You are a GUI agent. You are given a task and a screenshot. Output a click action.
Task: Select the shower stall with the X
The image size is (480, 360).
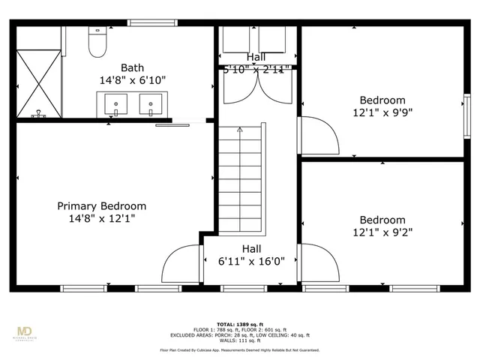pos(39,83)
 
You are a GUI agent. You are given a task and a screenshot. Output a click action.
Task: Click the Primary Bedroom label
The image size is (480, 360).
pos(102,205)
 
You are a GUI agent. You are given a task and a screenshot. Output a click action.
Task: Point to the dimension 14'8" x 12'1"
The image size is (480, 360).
pos(102,219)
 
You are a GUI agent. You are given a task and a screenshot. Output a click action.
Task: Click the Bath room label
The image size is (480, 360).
pos(132,66)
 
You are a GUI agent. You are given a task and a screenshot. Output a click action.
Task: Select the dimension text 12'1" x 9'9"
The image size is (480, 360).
pos(382,113)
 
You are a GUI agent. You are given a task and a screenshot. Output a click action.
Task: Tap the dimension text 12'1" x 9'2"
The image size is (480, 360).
pos(382,233)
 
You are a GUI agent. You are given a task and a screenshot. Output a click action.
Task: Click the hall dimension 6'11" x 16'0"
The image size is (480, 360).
pos(251,262)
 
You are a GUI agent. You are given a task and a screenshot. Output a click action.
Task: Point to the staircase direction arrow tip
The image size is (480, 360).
pos(240,128)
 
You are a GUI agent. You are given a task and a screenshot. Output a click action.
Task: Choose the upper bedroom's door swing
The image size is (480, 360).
pos(319,135)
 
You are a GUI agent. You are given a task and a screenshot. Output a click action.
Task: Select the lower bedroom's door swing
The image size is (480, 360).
pos(319,262)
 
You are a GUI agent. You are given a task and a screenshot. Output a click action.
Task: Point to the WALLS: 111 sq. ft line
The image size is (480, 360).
pos(240,340)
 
